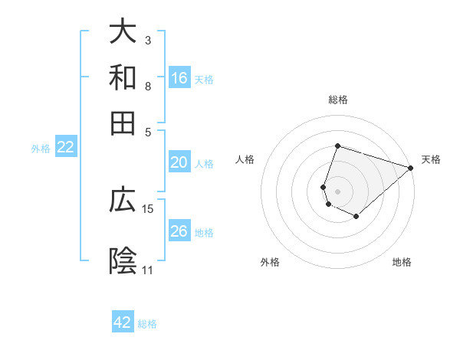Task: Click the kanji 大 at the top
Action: tap(123, 32)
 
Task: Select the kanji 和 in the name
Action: tap(123, 77)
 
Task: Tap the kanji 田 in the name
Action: tap(123, 123)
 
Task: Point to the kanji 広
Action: tap(123, 201)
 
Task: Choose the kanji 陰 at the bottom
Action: tap(123, 261)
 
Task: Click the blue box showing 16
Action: tap(179, 77)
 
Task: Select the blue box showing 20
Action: tap(179, 162)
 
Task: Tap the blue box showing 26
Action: tap(179, 231)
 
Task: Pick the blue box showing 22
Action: tap(65, 148)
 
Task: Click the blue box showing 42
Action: tap(123, 322)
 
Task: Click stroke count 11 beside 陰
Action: tap(148, 270)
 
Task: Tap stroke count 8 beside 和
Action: tap(148, 86)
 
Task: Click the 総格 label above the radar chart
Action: tap(338, 100)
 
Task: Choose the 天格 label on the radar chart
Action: tap(431, 159)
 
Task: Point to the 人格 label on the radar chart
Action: tap(245, 159)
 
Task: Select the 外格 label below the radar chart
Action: tap(270, 263)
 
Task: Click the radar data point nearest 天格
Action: tap(410, 168)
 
